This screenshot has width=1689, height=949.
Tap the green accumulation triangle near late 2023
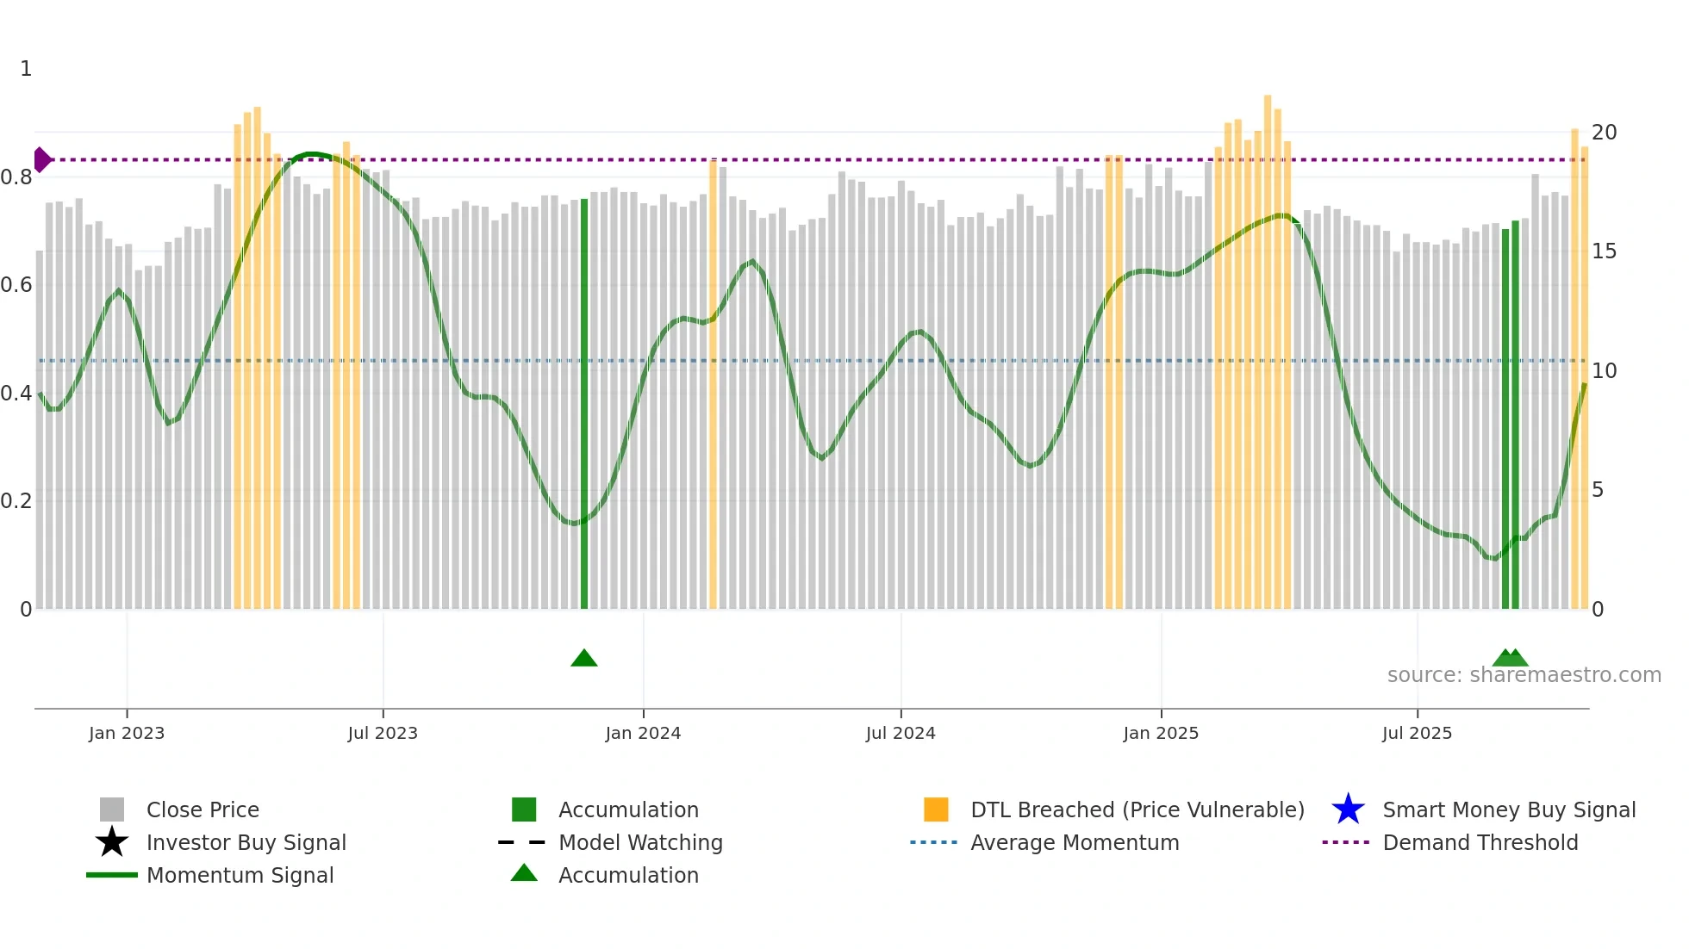pyautogui.click(x=584, y=659)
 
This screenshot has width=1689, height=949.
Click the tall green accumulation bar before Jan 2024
pyautogui.click(x=584, y=405)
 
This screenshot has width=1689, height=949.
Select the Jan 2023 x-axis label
pyautogui.click(x=127, y=733)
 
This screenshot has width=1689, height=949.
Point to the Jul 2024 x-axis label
pyautogui.click(x=901, y=733)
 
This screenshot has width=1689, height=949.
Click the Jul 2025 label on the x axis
pyautogui.click(x=1417, y=733)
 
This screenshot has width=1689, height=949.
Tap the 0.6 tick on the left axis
pyautogui.click(x=16, y=285)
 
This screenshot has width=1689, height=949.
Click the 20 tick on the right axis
pyautogui.click(x=1604, y=133)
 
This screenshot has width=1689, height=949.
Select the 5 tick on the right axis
pyautogui.click(x=1598, y=490)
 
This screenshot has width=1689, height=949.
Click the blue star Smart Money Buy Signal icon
pyautogui.click(x=1348, y=809)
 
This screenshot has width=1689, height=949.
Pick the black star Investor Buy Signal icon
pyautogui.click(x=112, y=842)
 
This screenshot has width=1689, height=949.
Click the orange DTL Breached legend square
pyautogui.click(x=936, y=809)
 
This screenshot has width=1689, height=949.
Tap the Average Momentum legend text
pyautogui.click(x=1075, y=842)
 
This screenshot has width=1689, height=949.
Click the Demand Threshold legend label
pyautogui.click(x=1480, y=842)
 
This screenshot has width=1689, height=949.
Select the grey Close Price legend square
pyautogui.click(x=112, y=809)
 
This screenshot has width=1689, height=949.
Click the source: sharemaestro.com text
pyautogui.click(x=1524, y=675)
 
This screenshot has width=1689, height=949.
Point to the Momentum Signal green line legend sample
pyautogui.click(x=112, y=875)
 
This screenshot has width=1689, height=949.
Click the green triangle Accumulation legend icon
pyautogui.click(x=524, y=873)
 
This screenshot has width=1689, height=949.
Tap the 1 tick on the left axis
pyautogui.click(x=26, y=69)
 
